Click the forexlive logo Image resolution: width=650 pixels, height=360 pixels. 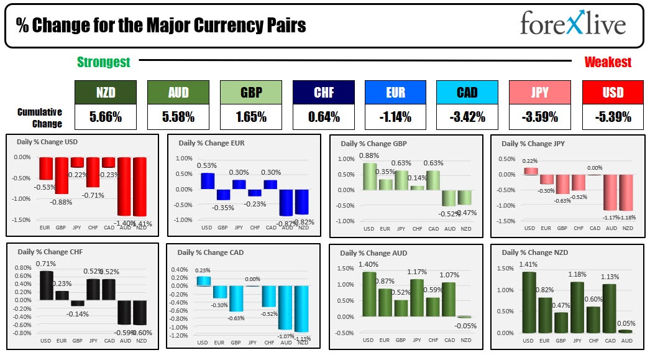click(x=573, y=25)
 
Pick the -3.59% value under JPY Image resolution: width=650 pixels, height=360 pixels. click(x=539, y=117)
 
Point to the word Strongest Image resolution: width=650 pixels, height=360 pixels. click(x=104, y=62)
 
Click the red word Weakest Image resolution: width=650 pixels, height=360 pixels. click(x=608, y=62)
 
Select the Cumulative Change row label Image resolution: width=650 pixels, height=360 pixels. click(x=39, y=118)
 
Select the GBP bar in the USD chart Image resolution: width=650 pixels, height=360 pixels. click(x=62, y=176)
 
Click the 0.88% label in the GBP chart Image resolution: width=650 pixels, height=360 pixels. click(x=369, y=155)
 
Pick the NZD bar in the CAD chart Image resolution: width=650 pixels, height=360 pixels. click(x=302, y=308)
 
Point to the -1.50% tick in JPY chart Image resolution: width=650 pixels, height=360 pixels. click(x=508, y=221)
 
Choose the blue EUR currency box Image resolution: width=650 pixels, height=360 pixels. click(x=395, y=93)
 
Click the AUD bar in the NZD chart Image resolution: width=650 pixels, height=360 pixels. click(x=625, y=331)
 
